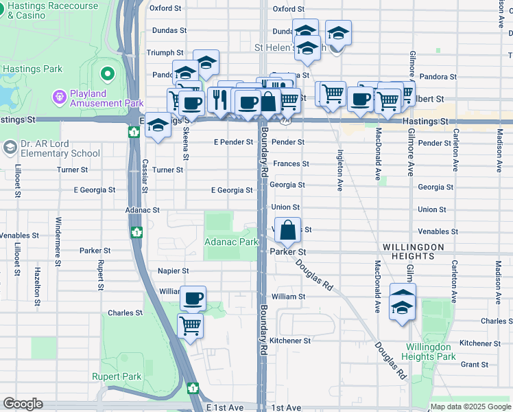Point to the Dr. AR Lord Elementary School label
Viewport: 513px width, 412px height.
pyautogui.click(x=51, y=149)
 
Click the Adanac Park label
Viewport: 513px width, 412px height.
pyautogui.click(x=231, y=242)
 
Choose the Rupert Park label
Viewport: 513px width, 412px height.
pyautogui.click(x=117, y=376)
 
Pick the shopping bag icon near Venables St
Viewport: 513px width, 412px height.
pyautogui.click(x=289, y=230)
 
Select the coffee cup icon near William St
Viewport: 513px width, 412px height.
pyautogui.click(x=193, y=299)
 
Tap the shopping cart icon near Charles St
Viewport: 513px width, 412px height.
pyautogui.click(x=190, y=325)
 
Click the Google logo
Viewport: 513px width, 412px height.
pyautogui.click(x=22, y=404)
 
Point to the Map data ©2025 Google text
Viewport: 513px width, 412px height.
pyautogui.click(x=470, y=407)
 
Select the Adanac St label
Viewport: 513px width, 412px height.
pyautogui.click(x=143, y=210)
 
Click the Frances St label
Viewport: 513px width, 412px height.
pyautogui.click(x=291, y=164)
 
